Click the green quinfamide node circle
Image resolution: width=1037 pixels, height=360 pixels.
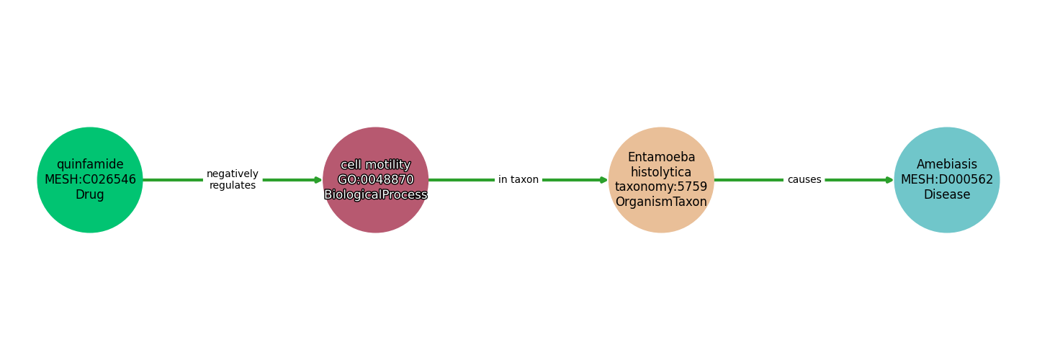pos(90,180)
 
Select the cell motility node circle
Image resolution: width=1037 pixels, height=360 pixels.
pos(375,180)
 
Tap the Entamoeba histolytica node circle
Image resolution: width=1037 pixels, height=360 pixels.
pos(661,180)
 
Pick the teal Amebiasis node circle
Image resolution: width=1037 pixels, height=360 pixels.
pos(947,180)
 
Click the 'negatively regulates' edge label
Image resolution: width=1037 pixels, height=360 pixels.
pos(233,179)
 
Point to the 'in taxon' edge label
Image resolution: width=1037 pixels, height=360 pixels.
pos(518,179)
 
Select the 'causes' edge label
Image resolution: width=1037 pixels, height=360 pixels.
pos(804,179)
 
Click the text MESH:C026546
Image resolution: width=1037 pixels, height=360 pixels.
pos(90,179)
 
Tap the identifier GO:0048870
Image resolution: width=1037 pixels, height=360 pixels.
pos(375,179)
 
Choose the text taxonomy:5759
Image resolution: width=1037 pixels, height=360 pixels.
pos(661,187)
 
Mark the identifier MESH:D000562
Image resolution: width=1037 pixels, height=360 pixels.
pos(947,179)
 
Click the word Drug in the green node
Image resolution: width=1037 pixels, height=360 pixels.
pos(90,194)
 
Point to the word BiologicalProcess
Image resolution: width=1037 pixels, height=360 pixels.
pos(375,195)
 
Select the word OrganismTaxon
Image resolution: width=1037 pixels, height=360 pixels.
pos(661,202)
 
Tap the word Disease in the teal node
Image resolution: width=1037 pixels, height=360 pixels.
pos(947,194)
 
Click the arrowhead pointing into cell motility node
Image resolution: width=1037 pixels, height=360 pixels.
pos(318,180)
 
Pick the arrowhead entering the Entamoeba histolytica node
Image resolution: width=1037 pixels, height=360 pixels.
pos(604,180)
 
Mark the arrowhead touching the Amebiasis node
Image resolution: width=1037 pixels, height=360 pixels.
pos(890,180)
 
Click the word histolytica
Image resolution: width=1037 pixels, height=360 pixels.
pos(661,172)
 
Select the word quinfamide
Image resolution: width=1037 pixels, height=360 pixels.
pos(90,165)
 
